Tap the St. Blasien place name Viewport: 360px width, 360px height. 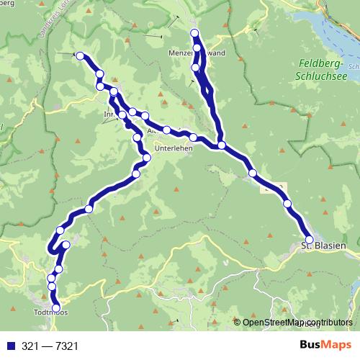pyautogui.click(x=323, y=247)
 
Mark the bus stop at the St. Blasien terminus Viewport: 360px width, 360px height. pyautogui.click(x=310, y=240)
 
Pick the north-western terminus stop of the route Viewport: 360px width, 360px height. pyautogui.click(x=80, y=55)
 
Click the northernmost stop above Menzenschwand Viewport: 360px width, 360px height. pyautogui.click(x=194, y=34)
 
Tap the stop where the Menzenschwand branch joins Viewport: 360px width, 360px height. pyautogui.click(x=222, y=145)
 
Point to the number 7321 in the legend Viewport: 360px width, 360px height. pyautogui.click(x=64, y=346)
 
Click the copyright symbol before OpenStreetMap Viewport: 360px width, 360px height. pyautogui.click(x=237, y=323)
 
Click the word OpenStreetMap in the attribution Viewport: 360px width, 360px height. pyautogui.click(x=271, y=323)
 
